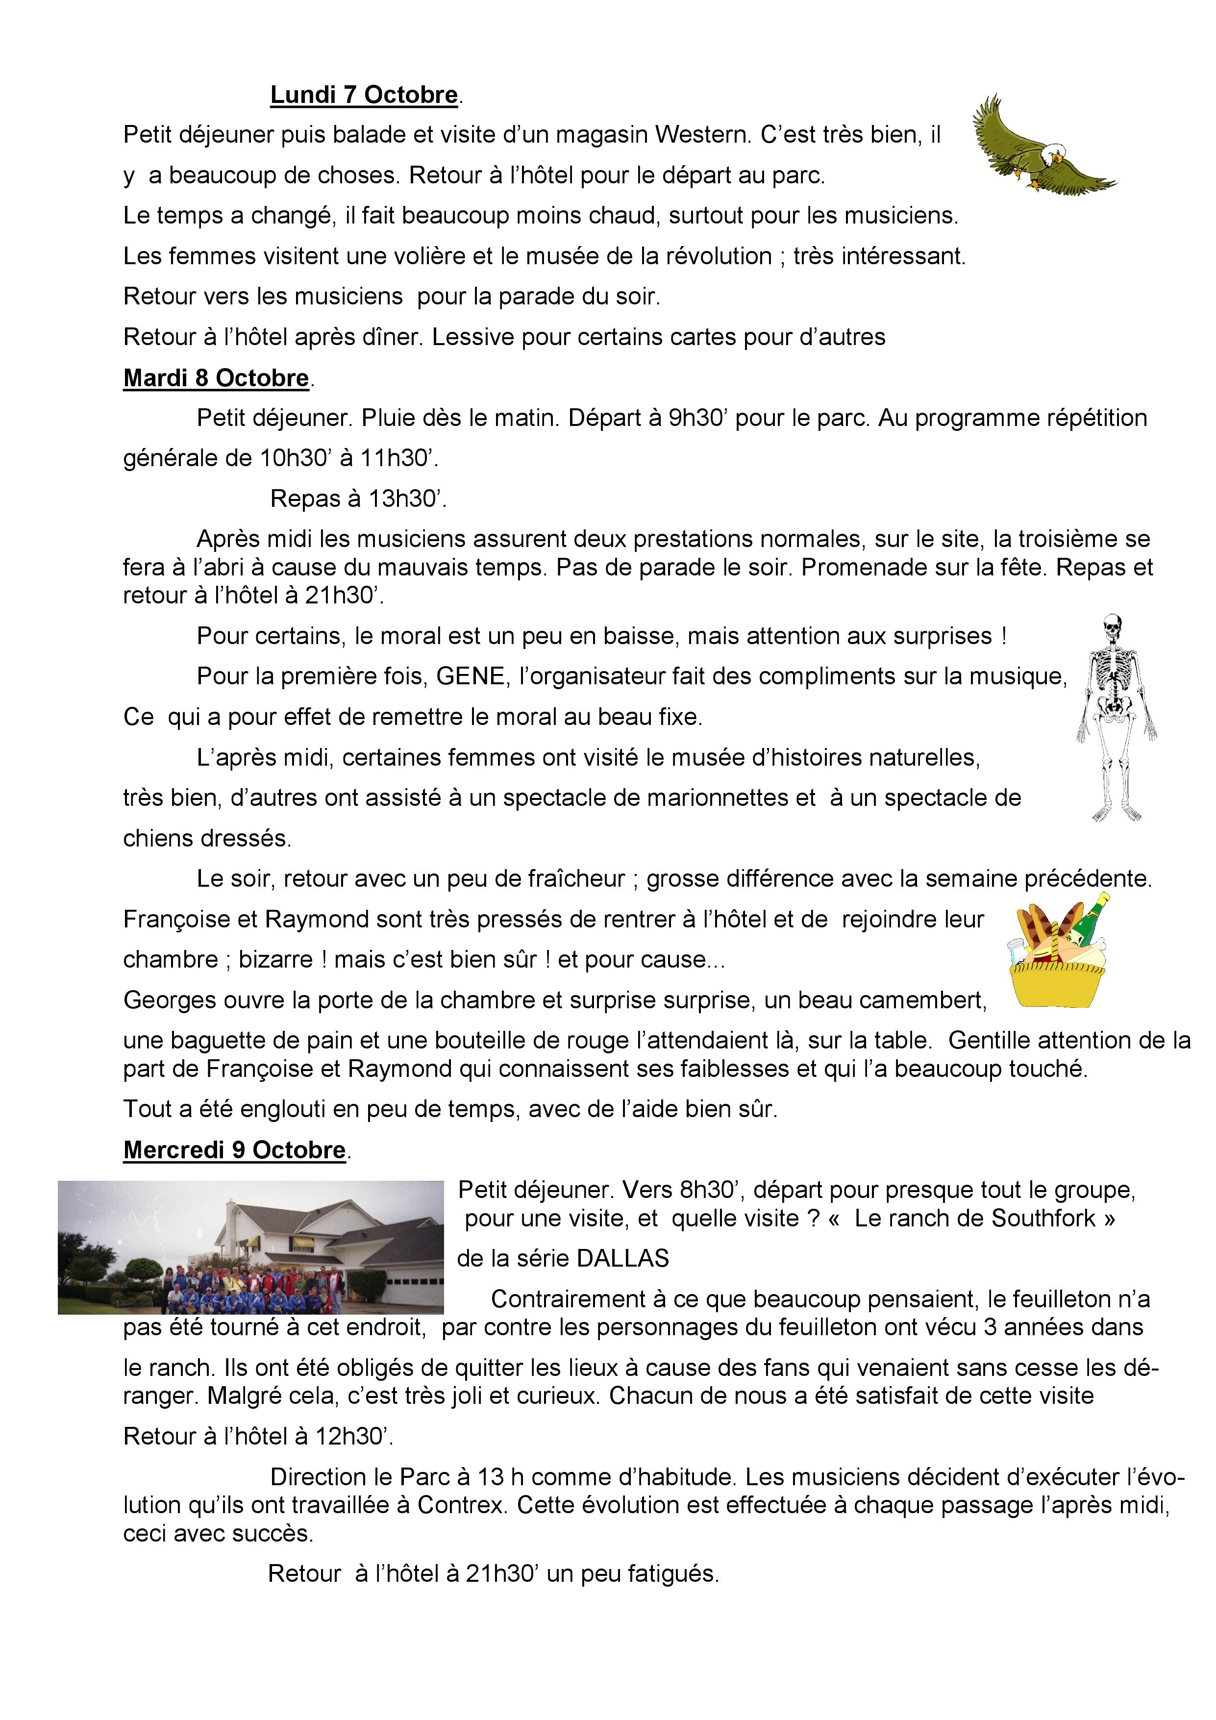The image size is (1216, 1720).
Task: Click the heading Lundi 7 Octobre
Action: coord(364,95)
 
